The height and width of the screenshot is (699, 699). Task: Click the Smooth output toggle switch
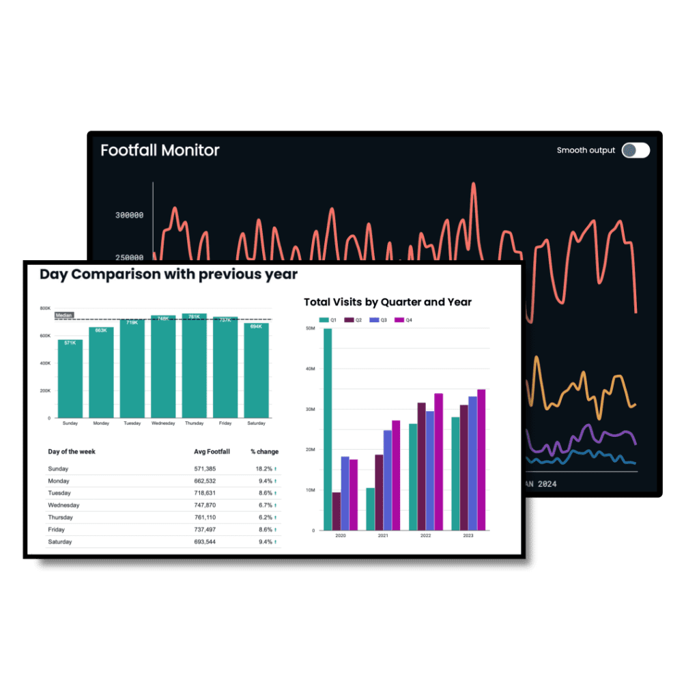(636, 150)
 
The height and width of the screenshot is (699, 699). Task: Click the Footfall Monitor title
(160, 150)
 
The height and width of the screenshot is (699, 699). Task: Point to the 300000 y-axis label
(129, 215)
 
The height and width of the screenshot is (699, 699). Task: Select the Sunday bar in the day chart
(70, 379)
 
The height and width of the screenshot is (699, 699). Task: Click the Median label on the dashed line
(63, 315)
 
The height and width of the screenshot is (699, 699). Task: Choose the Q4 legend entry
(405, 319)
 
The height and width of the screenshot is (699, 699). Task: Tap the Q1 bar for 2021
(371, 509)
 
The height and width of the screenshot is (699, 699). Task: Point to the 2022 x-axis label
(425, 536)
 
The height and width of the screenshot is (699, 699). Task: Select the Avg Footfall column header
(212, 451)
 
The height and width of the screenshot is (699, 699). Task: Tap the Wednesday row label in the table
(63, 505)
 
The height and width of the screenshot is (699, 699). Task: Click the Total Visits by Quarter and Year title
(388, 302)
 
